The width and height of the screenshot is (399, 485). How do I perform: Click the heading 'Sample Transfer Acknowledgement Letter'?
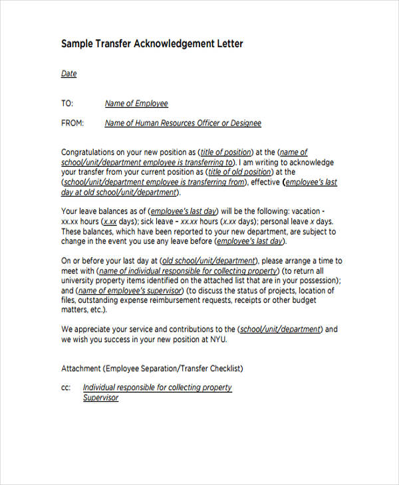point(152,45)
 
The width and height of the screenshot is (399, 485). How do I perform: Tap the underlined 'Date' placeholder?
point(69,74)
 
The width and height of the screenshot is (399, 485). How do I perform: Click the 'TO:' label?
point(66,104)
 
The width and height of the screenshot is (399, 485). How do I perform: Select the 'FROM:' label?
point(72,123)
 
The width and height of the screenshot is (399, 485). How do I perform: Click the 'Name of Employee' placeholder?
point(136,104)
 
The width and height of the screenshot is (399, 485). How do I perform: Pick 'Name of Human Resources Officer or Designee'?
point(183,123)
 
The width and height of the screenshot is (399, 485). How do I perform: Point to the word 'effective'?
point(264,182)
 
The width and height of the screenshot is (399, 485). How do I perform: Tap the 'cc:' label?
point(66,387)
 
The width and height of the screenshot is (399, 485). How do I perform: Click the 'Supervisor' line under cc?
point(100,397)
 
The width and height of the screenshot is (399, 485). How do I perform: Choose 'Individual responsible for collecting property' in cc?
point(157,387)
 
